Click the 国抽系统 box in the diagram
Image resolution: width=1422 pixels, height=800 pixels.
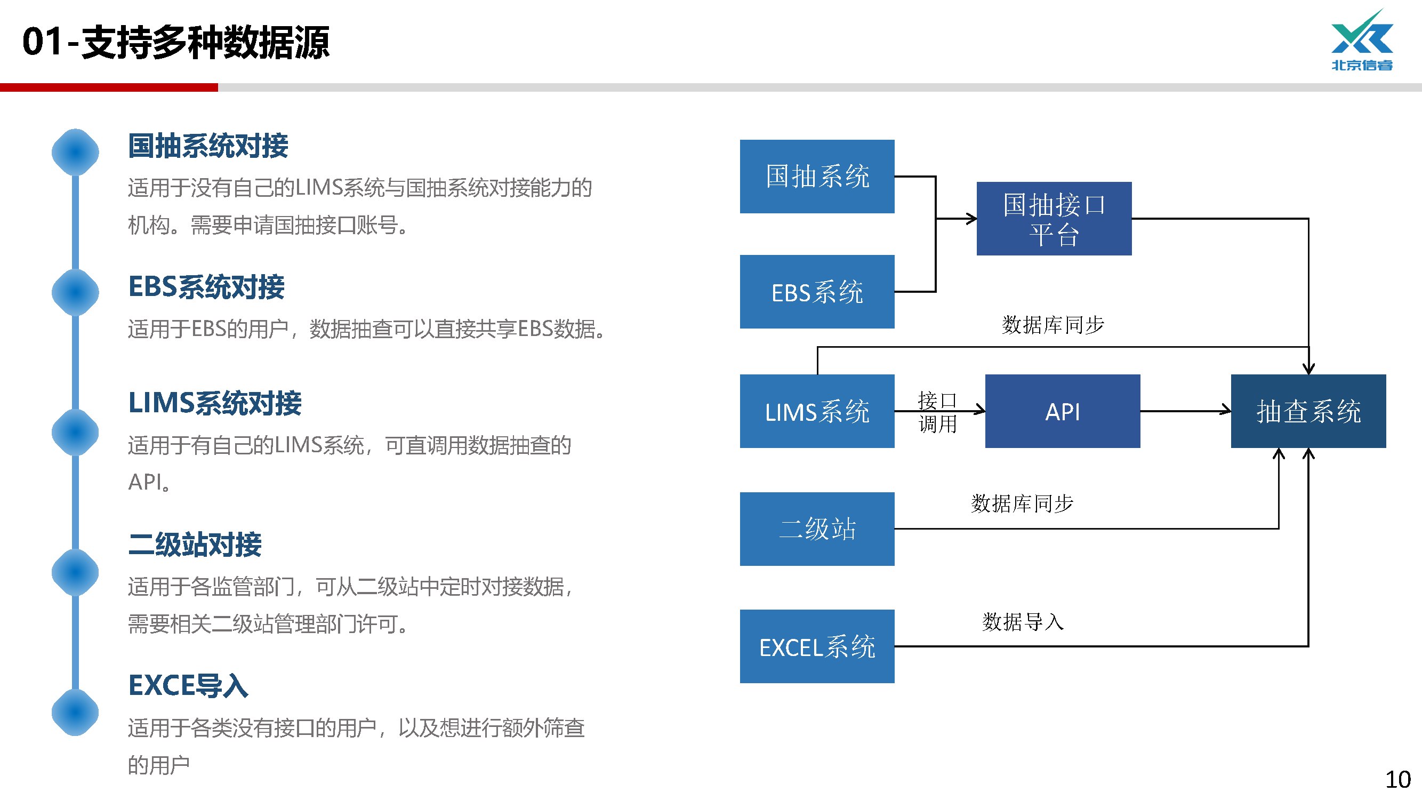coord(816,176)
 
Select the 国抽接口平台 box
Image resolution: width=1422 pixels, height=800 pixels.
coord(1053,219)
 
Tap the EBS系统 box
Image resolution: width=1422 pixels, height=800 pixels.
coord(816,292)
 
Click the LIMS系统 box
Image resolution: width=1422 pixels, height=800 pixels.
coord(816,411)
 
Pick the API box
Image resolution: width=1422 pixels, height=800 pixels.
coord(1062,411)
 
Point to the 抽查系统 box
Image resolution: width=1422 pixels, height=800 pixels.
coord(1308,411)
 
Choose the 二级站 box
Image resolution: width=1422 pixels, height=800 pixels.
coord(816,529)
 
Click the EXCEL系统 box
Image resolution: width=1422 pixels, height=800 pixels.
coord(816,646)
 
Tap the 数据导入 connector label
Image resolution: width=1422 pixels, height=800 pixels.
coord(1022,622)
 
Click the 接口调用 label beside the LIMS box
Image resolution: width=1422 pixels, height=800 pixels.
coord(937,412)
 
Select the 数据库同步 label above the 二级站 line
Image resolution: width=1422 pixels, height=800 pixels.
coord(1022,503)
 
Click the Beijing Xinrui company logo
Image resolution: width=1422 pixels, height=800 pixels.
coord(1361,41)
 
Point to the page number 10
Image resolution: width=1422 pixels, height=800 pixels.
coord(1397,780)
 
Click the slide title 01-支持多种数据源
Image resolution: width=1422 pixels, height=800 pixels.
coord(175,42)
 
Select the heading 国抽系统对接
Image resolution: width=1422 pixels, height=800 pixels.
coord(208,146)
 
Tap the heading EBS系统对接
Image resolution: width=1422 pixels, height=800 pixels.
coord(206,287)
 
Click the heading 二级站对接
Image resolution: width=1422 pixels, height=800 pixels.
coord(195,545)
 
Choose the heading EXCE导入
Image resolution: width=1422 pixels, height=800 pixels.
coord(188,685)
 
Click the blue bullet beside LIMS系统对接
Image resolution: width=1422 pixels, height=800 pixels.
coord(75,433)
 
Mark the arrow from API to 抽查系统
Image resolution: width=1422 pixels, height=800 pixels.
coord(1185,411)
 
